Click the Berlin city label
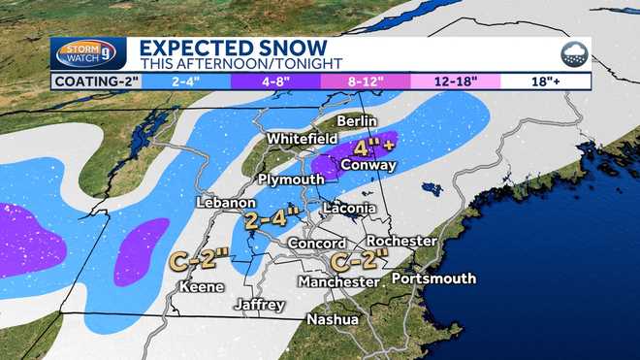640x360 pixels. click(x=357, y=121)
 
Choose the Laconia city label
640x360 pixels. click(x=348, y=208)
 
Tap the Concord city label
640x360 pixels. click(x=317, y=243)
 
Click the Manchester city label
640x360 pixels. click(x=339, y=281)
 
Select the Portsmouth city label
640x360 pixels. click(x=433, y=278)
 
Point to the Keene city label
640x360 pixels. click(x=203, y=287)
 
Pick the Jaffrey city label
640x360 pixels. click(x=260, y=305)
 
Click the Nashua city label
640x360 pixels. click(x=333, y=319)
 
